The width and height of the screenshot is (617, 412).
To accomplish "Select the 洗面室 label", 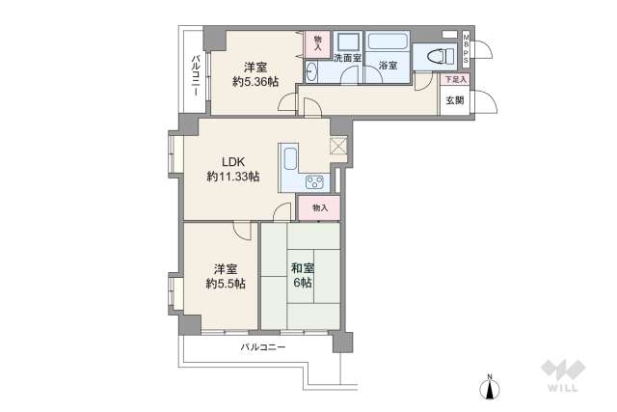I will point(347,59).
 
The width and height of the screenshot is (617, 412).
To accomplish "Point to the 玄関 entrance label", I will point(453,99).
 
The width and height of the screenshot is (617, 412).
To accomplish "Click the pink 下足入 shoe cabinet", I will point(455,79).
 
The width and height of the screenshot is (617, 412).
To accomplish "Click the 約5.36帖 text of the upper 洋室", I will point(255,82).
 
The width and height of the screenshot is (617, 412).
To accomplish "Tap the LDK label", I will point(234,161).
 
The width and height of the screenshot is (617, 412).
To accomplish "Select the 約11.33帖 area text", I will point(233,177).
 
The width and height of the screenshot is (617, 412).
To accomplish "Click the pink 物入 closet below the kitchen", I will point(320,207).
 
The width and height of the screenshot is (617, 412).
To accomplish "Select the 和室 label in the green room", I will point(301,267).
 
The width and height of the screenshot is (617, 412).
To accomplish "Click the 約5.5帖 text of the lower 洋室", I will point(224,283).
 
